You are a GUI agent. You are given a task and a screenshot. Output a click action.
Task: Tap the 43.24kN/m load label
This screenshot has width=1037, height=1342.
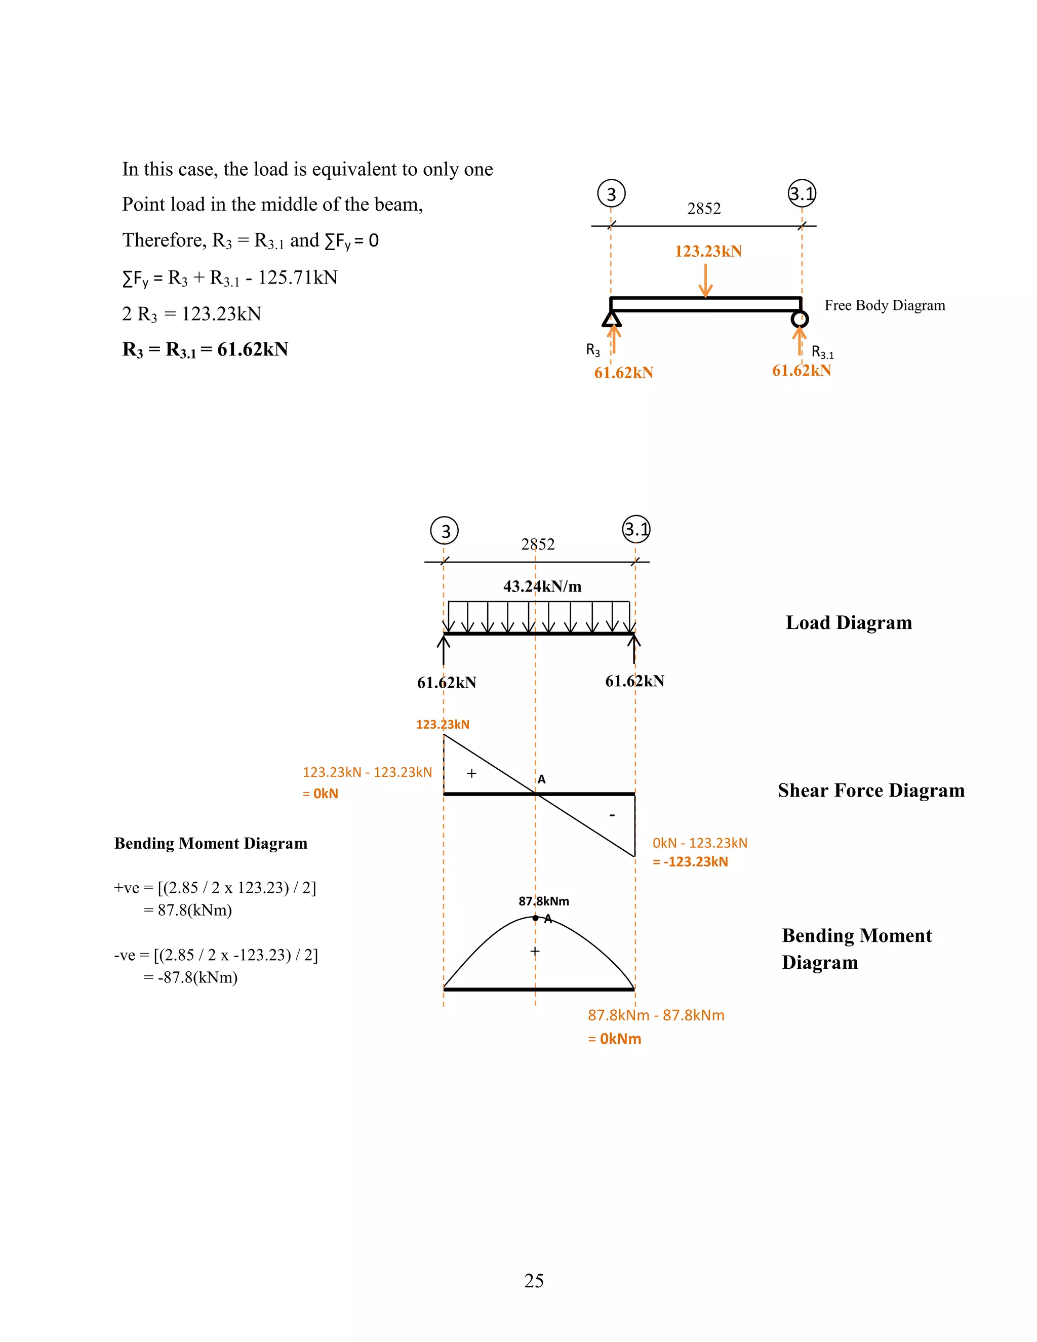[542, 586]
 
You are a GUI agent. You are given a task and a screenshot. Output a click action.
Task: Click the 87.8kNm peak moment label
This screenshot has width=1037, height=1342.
[544, 901]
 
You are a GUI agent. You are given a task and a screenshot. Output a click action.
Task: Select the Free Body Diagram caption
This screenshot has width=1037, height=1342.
[884, 305]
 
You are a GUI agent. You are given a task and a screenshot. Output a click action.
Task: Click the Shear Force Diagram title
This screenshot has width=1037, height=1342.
[870, 790]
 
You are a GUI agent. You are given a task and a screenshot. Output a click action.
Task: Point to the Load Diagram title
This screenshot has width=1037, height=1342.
[849, 622]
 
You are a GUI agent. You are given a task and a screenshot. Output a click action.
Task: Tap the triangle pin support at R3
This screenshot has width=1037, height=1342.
[611, 319]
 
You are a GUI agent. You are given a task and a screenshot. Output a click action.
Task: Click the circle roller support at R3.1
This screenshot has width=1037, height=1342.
[799, 319]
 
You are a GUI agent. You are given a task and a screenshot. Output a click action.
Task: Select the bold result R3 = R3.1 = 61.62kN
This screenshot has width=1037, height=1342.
[205, 349]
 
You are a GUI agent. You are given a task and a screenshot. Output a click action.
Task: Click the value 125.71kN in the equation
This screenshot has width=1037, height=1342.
[297, 278]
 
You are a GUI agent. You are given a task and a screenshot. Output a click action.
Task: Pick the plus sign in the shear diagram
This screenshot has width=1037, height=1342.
[471, 773]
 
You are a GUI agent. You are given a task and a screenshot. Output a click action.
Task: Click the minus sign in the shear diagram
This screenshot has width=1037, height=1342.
[612, 815]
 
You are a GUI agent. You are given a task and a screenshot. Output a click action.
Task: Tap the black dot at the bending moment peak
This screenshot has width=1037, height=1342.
[535, 918]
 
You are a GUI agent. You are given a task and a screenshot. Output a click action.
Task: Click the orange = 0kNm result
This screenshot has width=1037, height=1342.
[614, 1039]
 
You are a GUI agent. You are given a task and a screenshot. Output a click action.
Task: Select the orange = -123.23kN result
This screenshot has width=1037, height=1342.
[690, 861]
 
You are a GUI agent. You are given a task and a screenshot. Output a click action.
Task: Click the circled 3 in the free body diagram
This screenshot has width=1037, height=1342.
[611, 193]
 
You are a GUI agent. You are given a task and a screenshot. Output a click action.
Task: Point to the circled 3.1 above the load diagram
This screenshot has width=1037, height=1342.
[636, 529]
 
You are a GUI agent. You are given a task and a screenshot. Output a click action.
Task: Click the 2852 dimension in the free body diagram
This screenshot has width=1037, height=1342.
[703, 209]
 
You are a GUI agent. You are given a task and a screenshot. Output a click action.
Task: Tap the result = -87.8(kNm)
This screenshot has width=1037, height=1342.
[190, 977]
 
